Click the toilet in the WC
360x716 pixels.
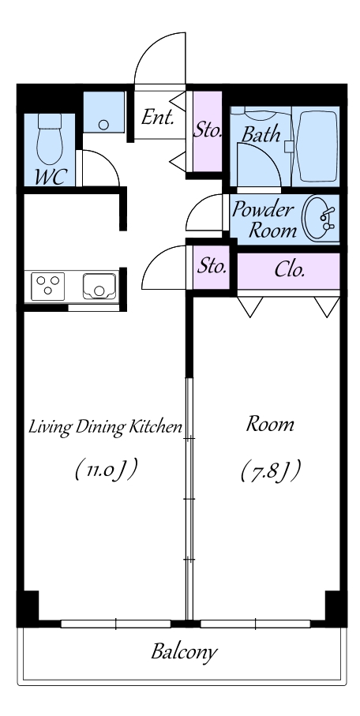(50, 139)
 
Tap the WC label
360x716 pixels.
(51, 177)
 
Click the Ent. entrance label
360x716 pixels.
(158, 118)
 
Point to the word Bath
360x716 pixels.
(261, 134)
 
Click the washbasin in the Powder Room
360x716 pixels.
(321, 218)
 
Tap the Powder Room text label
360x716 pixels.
(263, 219)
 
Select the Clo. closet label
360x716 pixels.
(289, 270)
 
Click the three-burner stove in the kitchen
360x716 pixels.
(47, 287)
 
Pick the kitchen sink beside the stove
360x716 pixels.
(99, 287)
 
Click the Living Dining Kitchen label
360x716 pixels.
(106, 428)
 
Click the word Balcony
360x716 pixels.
(184, 652)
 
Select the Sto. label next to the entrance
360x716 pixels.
(208, 130)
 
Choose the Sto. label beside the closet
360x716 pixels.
(212, 266)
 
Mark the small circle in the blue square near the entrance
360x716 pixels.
(103, 125)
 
